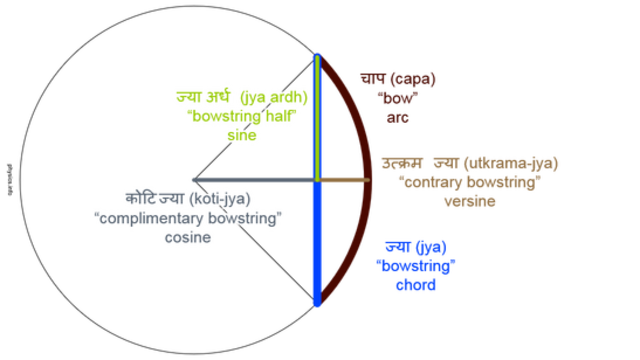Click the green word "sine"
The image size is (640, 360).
[x=243, y=134]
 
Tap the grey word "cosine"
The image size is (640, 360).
[x=190, y=238]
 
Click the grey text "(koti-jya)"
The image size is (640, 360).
[x=221, y=198]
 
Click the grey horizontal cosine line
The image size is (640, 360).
[x=250, y=180]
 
